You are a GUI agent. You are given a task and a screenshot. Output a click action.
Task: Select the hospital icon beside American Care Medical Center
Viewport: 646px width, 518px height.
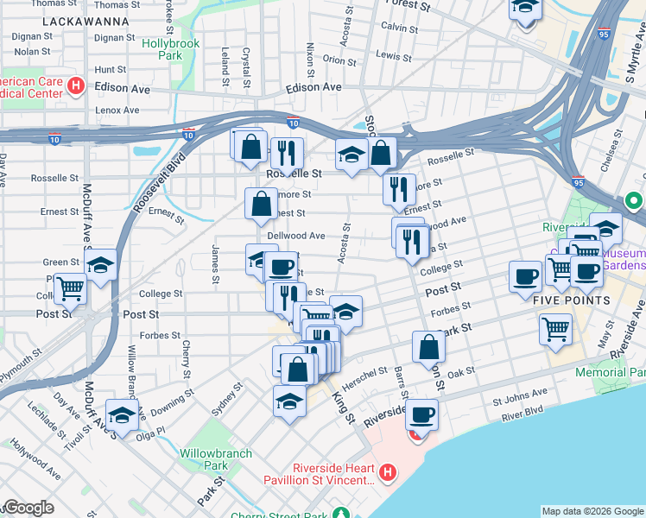pos(75,85)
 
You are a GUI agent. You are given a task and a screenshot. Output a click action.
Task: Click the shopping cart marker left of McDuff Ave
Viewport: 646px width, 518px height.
pos(70,287)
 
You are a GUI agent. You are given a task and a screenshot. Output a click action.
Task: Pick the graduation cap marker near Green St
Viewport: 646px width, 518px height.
pos(102,265)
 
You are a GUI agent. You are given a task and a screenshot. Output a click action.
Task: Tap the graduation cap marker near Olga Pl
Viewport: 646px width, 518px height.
pos(122,414)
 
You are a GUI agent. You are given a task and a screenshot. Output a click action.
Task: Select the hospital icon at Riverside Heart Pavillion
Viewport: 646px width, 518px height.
pos(388,472)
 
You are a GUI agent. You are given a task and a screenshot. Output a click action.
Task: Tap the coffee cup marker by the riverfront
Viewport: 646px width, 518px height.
pos(421,414)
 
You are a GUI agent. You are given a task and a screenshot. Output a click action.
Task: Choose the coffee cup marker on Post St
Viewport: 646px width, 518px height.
pos(525,277)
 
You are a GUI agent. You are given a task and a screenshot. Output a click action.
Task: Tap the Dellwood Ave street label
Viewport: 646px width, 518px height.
pos(296,235)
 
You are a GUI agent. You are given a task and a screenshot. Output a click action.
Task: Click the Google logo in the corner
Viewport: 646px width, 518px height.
pos(28,508)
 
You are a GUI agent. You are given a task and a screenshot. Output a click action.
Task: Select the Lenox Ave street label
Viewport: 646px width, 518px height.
pos(117,110)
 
